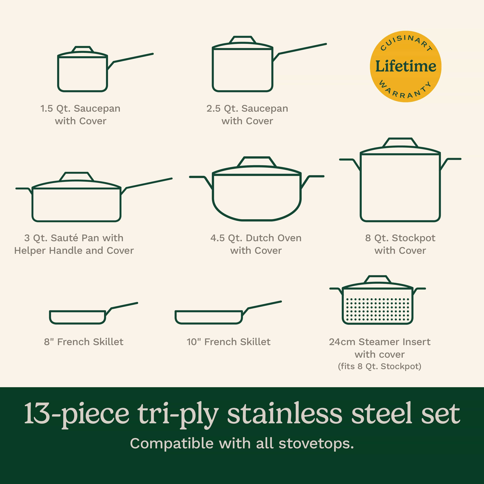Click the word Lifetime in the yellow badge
(x=406, y=66)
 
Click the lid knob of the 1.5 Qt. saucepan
(x=83, y=49)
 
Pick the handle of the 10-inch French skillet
(x=264, y=305)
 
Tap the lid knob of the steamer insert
(x=378, y=279)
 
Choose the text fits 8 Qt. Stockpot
(x=379, y=366)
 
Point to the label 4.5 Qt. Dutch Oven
(x=256, y=238)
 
